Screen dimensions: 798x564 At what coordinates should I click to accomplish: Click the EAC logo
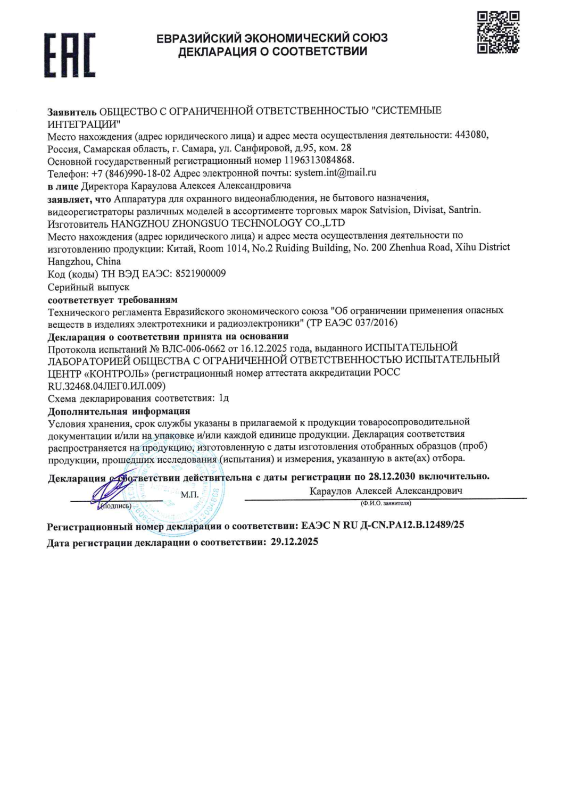(x=70, y=55)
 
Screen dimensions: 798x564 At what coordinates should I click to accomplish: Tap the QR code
(x=498, y=32)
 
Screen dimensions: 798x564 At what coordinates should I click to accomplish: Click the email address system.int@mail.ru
(x=335, y=172)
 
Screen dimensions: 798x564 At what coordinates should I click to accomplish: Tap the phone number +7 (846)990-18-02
(x=131, y=173)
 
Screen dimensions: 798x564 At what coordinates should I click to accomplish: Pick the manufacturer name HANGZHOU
(x=137, y=223)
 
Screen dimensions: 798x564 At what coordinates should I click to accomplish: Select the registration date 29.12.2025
(x=294, y=542)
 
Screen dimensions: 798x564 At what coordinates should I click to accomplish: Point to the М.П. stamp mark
(x=189, y=495)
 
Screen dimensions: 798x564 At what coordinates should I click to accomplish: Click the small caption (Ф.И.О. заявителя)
(x=386, y=503)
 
